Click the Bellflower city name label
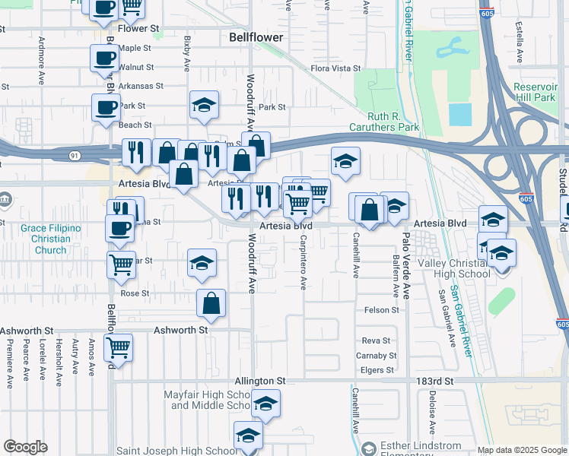pos(256,36)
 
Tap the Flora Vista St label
pos(335,68)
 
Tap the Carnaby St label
pos(377,356)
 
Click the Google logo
pos(26,447)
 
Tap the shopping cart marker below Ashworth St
pos(118,347)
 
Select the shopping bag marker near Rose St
pos(211,302)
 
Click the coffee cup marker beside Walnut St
pos(104,58)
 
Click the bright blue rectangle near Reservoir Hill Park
pos(459,114)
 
